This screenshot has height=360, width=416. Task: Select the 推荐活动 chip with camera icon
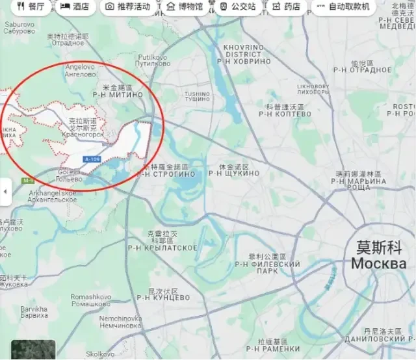pyautogui.click(x=128, y=6)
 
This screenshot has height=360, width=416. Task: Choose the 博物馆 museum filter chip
pyautogui.click(x=185, y=6)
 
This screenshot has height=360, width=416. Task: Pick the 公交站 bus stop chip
pyautogui.click(x=236, y=6)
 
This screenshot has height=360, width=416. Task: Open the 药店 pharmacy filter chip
pyautogui.click(x=287, y=6)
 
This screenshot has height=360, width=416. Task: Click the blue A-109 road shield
pyautogui.click(x=92, y=159)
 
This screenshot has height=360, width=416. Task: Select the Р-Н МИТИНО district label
pyautogui.click(x=117, y=94)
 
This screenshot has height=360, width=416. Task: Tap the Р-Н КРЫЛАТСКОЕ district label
pyautogui.click(x=162, y=248)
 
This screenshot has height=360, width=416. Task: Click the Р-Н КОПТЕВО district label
pyautogui.click(x=285, y=114)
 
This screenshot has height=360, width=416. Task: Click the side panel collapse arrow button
pyautogui.click(x=5, y=192)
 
